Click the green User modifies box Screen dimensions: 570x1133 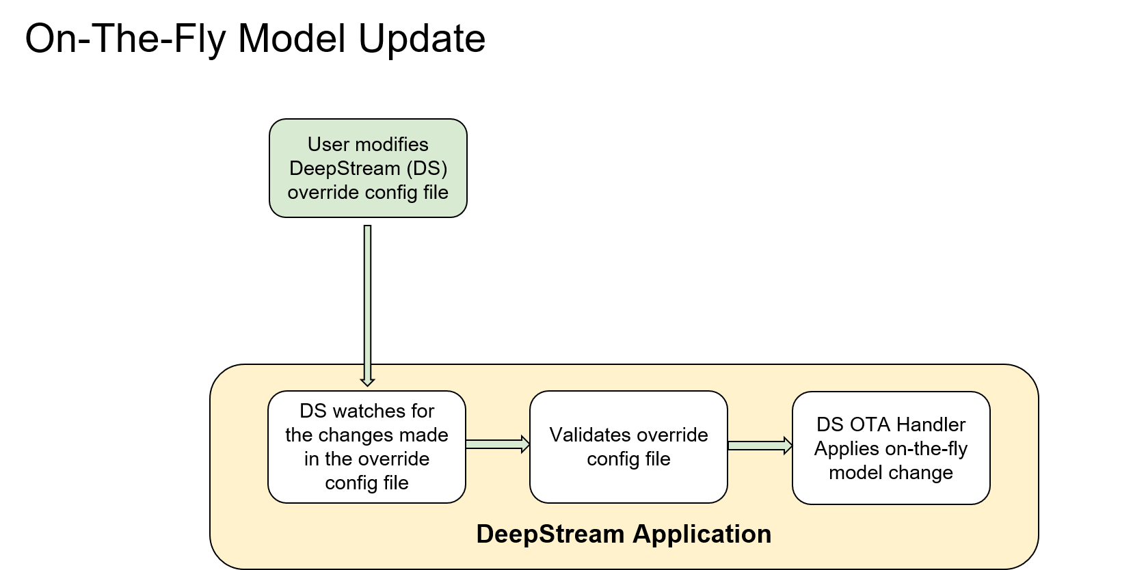(x=368, y=168)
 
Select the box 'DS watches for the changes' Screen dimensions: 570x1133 (x=366, y=447)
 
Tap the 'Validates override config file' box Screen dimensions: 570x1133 (x=628, y=447)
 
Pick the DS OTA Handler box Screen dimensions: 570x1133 (x=891, y=448)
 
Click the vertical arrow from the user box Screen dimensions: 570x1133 (x=368, y=301)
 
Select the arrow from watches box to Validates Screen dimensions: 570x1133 (x=497, y=445)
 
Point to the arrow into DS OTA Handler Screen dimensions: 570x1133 (x=760, y=446)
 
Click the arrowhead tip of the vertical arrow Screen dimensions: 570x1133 (x=368, y=384)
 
